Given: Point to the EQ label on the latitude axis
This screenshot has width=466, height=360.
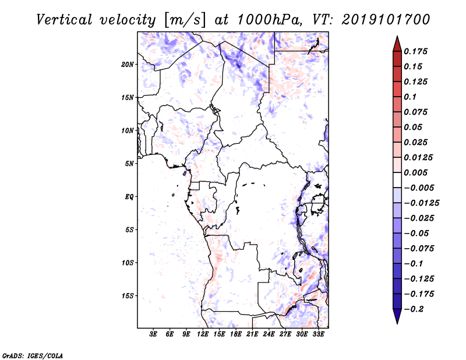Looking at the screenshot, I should [129, 197].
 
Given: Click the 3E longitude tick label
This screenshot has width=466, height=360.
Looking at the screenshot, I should [154, 335].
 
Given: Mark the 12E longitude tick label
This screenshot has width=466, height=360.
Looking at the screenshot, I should [203, 335].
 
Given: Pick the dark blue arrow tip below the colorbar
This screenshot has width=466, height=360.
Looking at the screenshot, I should [397, 318].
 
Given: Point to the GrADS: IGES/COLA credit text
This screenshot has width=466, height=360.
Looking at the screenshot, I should [33, 354].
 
